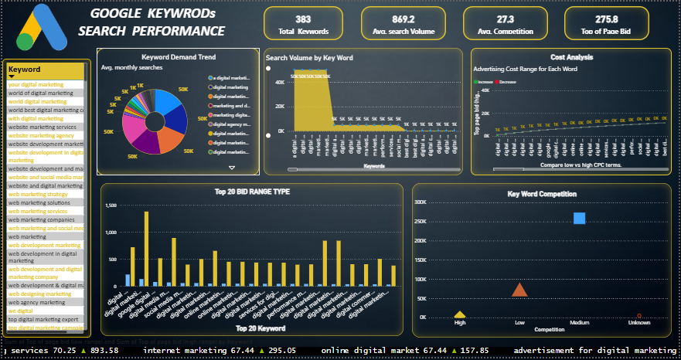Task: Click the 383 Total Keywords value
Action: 302,19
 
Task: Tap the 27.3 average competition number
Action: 494,19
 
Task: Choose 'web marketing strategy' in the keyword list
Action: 39,194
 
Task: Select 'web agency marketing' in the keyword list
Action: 37,302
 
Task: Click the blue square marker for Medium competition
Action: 579,219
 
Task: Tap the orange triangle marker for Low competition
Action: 519,290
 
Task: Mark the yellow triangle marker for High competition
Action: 460,314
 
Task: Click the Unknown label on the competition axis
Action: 638,324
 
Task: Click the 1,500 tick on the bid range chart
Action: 111,205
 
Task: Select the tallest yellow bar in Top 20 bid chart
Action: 146,249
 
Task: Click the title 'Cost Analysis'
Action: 571,57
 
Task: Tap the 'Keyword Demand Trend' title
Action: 179,57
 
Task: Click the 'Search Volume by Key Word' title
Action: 309,58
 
